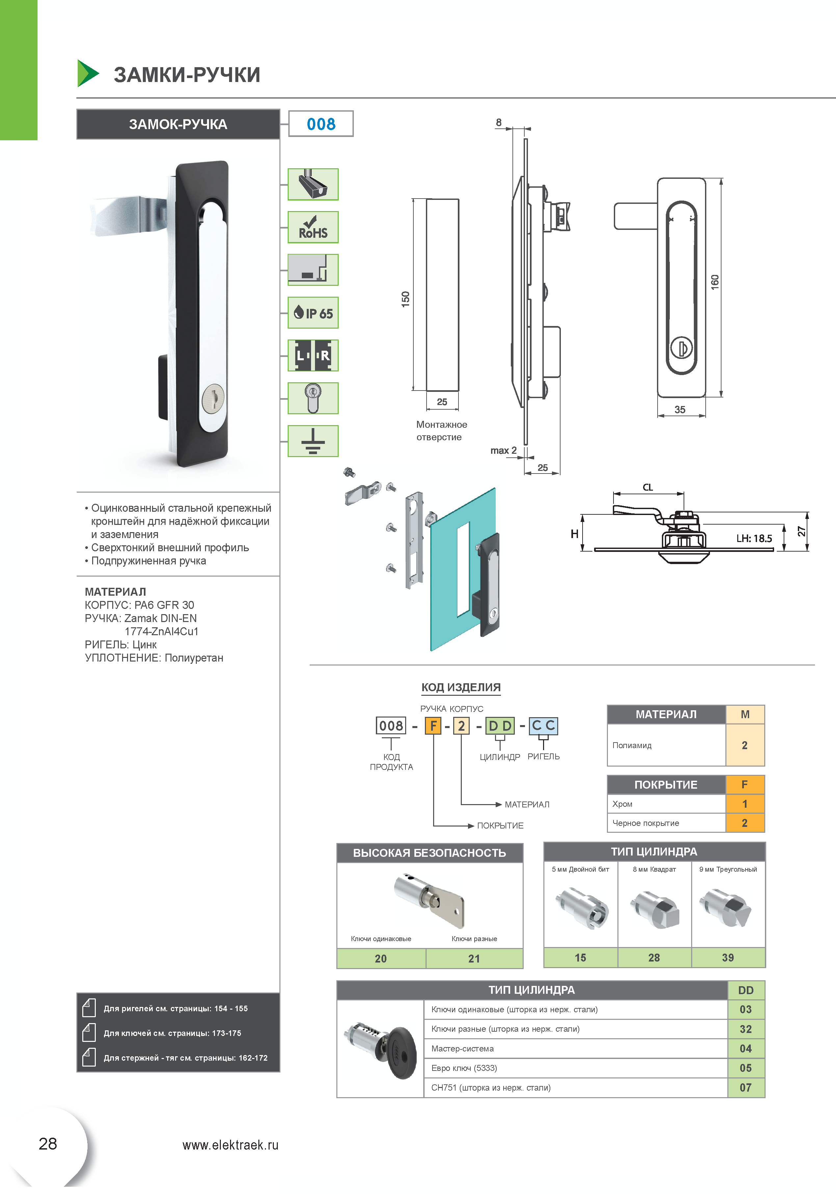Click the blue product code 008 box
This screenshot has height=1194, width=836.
[x=321, y=124]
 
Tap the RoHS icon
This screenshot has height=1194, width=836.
[x=313, y=227]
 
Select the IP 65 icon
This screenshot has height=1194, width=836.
[x=313, y=312]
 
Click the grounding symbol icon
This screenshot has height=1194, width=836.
[x=313, y=441]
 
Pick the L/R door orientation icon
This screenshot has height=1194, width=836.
[x=313, y=356]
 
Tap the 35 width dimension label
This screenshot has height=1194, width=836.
[x=680, y=410]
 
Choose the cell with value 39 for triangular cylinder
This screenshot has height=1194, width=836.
[x=728, y=958]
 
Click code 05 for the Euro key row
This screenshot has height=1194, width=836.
[x=745, y=1068]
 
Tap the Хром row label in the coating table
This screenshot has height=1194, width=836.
[x=623, y=804]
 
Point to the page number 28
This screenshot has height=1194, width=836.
[x=48, y=1144]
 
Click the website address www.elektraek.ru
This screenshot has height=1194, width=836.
[x=230, y=1145]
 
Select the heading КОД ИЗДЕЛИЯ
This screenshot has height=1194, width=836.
[x=461, y=688]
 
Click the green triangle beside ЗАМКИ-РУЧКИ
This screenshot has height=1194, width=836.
[x=87, y=73]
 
